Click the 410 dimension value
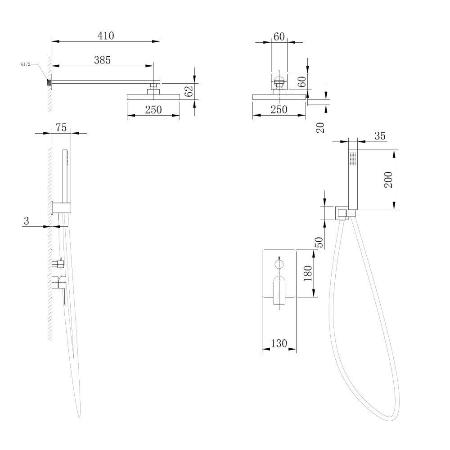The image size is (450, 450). coord(106,36)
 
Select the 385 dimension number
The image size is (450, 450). coord(102,60)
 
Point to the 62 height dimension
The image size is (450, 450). coord(189,91)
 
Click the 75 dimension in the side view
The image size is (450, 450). coord(61,128)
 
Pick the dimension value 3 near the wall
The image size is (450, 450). coord(27,220)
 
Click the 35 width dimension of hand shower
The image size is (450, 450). coord(380,136)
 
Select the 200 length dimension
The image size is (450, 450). coord(389,180)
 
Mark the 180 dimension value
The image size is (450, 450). coord(308,273)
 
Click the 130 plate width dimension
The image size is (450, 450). coord(279,343)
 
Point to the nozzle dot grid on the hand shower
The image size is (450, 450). coord(353,158)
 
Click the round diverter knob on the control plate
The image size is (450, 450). coord(279,263)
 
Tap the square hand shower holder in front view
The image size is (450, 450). coord(342,213)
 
